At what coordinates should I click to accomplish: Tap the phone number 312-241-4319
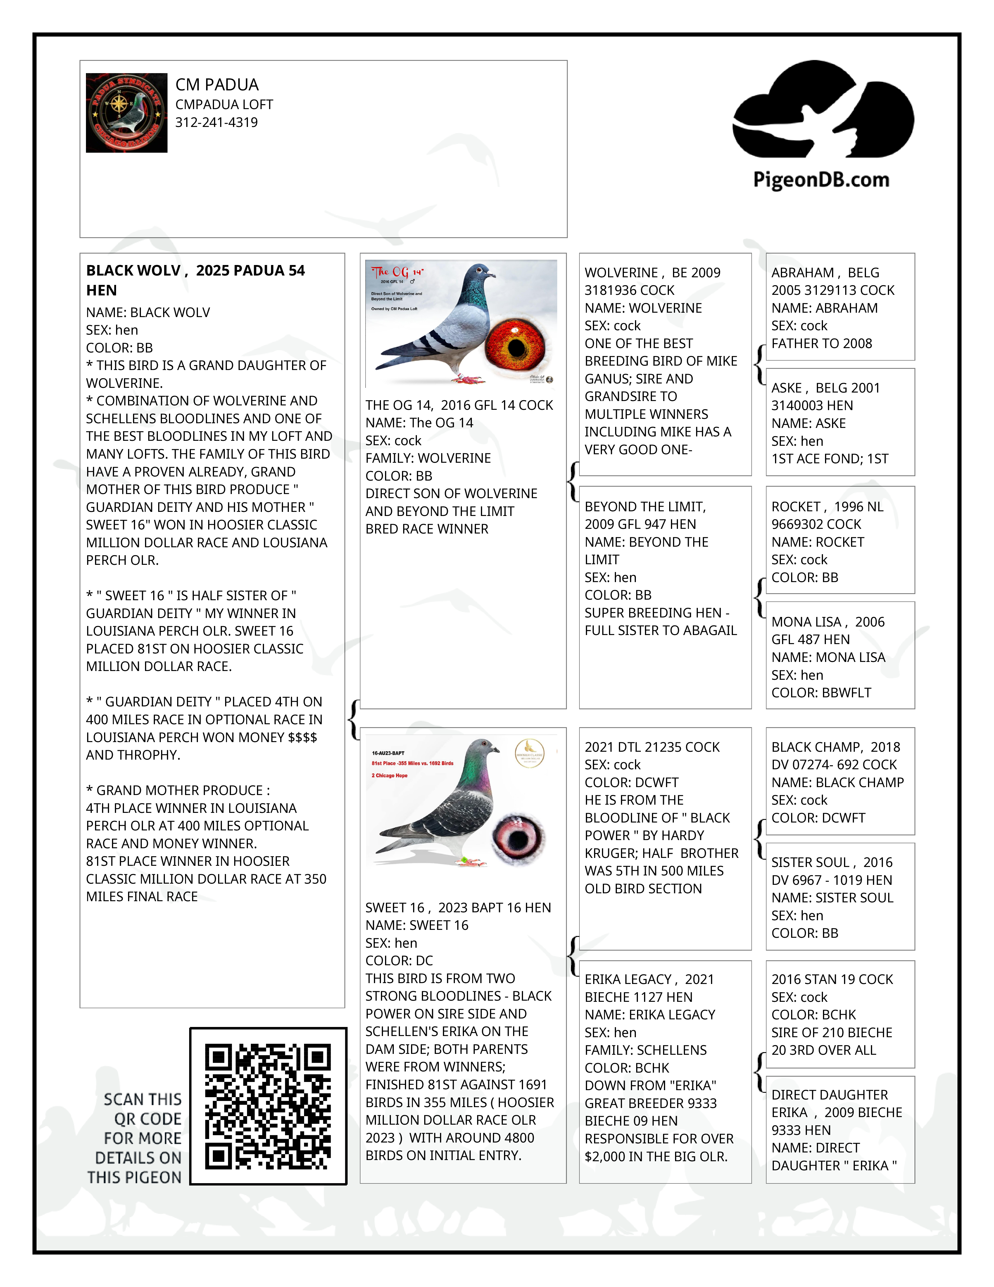(216, 123)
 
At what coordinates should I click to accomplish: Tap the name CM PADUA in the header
(217, 85)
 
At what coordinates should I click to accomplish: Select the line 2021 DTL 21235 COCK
(652, 747)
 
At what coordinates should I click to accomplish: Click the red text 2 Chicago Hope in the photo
(389, 775)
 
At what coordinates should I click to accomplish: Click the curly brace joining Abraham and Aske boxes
(760, 364)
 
